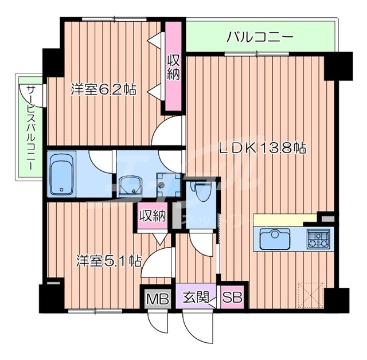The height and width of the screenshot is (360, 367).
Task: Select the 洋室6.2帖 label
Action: click(103, 89)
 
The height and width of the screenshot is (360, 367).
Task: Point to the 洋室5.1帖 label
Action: click(110, 261)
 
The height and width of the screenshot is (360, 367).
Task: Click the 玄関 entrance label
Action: click(192, 298)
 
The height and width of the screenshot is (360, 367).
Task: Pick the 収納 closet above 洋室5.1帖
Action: click(152, 216)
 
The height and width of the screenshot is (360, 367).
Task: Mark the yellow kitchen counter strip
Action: click(285, 220)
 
